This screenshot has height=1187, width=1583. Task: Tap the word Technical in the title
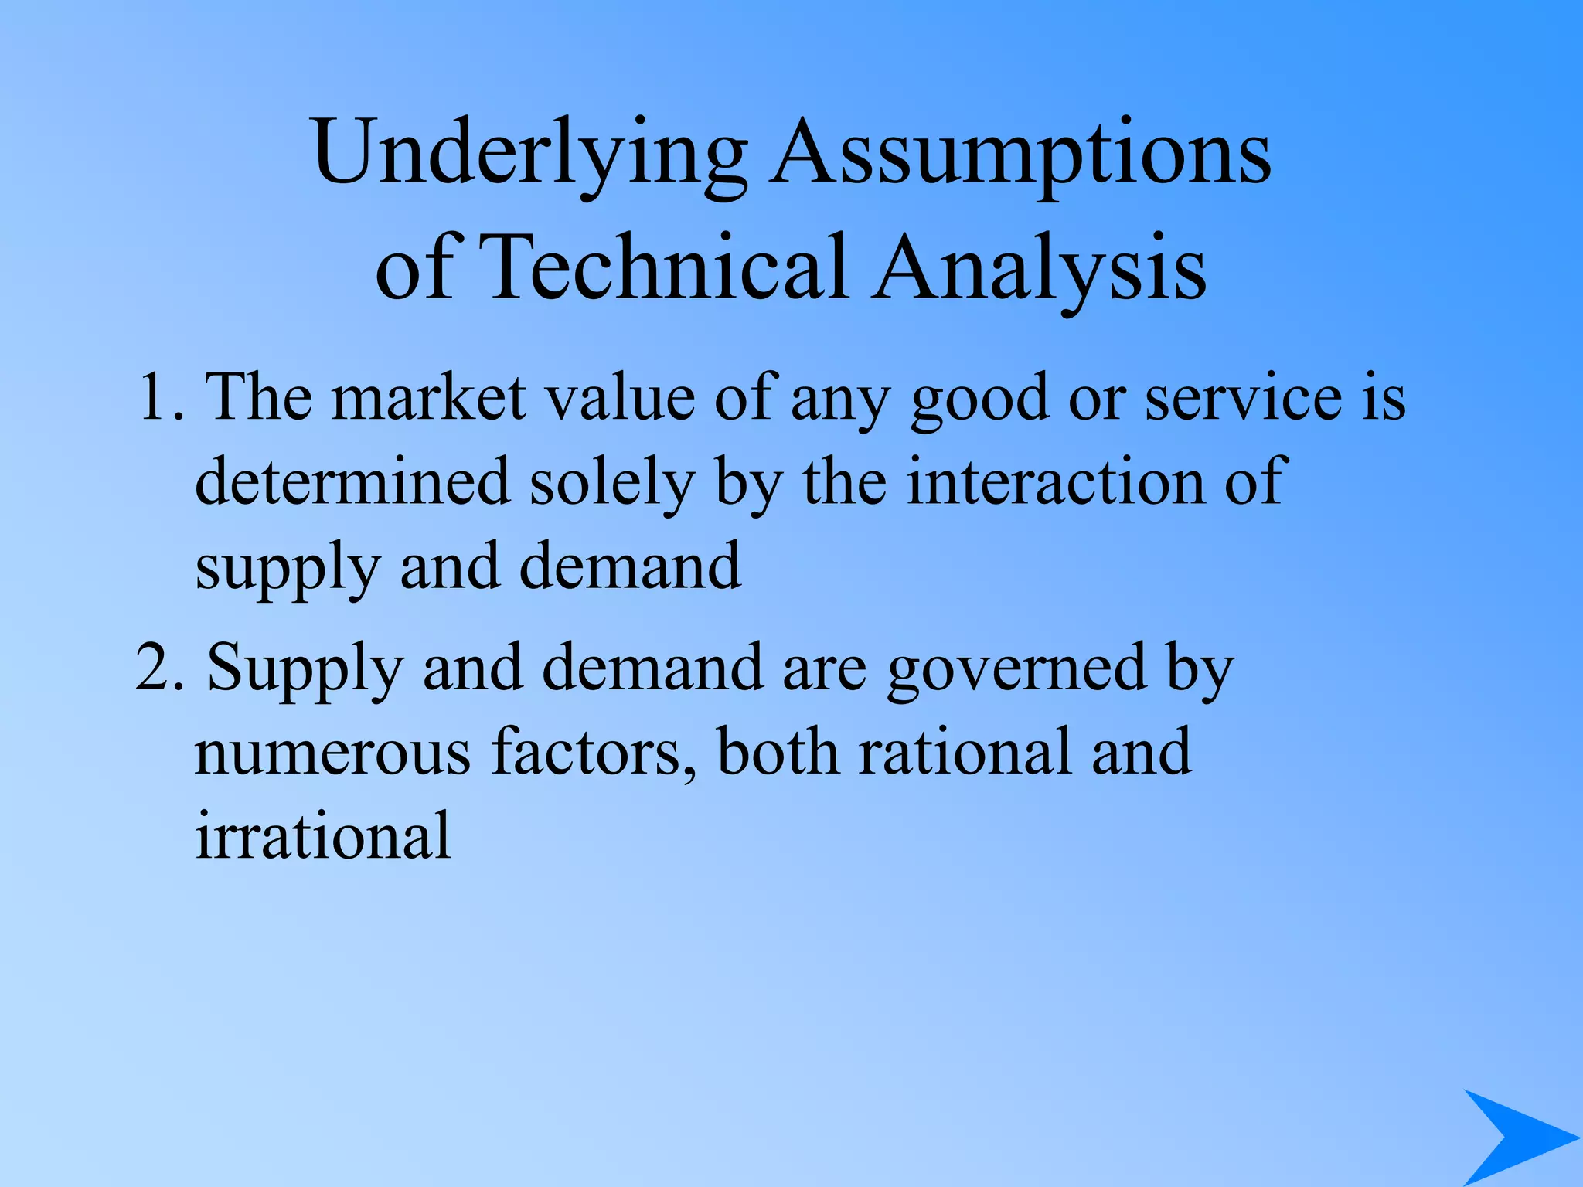666,267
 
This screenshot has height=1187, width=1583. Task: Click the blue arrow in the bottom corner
1515,1136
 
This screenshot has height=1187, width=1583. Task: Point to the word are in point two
825,668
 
